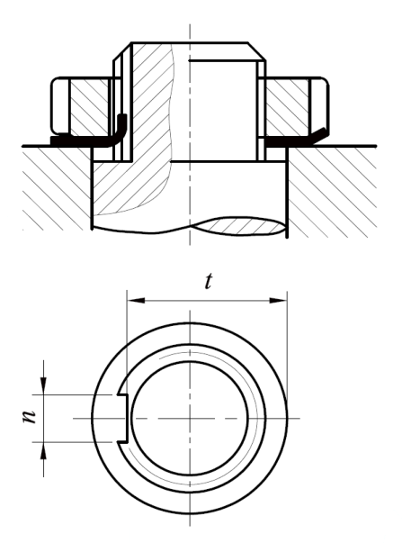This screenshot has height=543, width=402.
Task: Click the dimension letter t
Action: pyautogui.click(x=208, y=282)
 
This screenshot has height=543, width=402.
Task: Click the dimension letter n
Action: pyautogui.click(x=29, y=417)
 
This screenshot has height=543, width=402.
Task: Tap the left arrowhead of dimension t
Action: pyautogui.click(x=136, y=301)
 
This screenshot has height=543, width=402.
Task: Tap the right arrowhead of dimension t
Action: pyautogui.click(x=279, y=301)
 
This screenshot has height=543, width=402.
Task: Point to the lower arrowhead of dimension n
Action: pyautogui.click(x=43, y=451)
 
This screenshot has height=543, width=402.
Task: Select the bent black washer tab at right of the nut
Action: pyautogui.click(x=318, y=135)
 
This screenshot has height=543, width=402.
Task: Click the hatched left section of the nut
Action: pyautogui.click(x=89, y=105)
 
